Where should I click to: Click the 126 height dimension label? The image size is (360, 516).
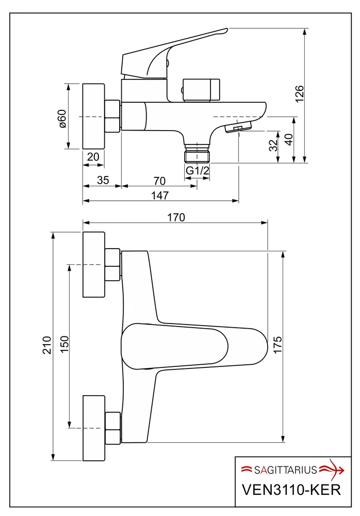point(299,94)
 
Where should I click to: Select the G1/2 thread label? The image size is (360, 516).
point(198,170)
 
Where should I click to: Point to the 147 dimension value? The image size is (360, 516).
point(160,196)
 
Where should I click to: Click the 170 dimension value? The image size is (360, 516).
point(176,218)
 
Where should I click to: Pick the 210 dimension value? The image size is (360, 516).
point(47,345)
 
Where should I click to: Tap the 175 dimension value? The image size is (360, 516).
point(277,345)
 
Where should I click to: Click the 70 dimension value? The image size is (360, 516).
point(159,181)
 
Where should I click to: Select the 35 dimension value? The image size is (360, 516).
point(103,180)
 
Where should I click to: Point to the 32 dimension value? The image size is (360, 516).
point(273,145)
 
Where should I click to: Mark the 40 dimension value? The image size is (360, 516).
point(289,139)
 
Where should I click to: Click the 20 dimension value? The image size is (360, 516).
point(93,157)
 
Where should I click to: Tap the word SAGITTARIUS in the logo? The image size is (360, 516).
point(285,470)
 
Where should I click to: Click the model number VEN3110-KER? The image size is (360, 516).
point(291,490)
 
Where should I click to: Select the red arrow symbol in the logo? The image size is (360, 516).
point(332,470)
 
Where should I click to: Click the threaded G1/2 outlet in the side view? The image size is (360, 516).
point(197,153)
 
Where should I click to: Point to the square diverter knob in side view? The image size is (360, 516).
point(201,90)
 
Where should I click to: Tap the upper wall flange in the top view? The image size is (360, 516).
point(94,265)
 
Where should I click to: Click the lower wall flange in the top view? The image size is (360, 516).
point(94,428)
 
